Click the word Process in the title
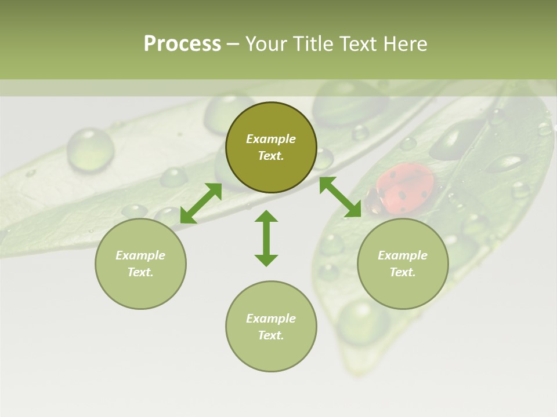[182, 43]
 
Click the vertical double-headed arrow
[266, 238]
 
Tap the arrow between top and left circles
[201, 203]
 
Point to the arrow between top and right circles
[340, 197]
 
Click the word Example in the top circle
[271, 139]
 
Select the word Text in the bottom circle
[270, 335]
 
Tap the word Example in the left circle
[140, 255]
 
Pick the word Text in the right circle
[402, 272]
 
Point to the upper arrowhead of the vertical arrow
[266, 216]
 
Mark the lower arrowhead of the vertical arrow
[266, 260]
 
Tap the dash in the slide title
[233, 45]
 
